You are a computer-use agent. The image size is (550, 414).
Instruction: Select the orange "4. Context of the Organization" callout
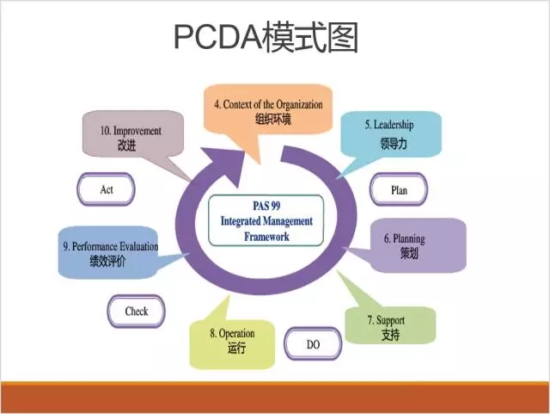(268, 110)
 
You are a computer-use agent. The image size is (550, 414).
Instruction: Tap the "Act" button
(106, 189)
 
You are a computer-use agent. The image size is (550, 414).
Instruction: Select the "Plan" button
(399, 190)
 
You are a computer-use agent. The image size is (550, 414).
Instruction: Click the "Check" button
(136, 312)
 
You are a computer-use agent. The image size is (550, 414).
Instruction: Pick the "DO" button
(312, 344)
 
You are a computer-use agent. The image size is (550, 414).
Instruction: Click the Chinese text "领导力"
(393, 144)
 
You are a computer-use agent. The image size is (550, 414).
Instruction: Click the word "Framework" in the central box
(266, 236)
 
